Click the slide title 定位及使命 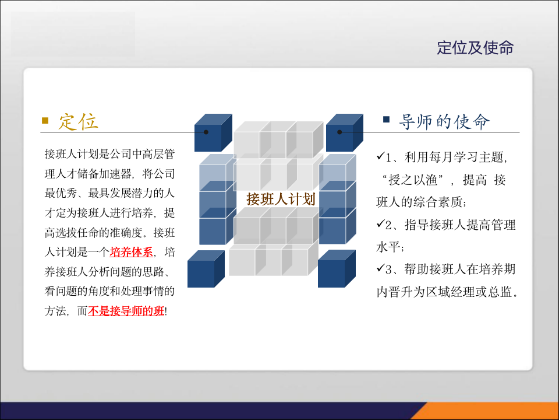point(475,48)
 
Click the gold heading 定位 point(78,121)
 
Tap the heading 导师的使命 point(444,121)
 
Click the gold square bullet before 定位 point(45,121)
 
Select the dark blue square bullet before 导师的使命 point(386,120)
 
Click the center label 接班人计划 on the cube point(280,199)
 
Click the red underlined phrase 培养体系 point(131,253)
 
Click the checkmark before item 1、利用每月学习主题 point(381,156)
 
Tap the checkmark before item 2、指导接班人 point(381,224)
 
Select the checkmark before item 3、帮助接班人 point(381,269)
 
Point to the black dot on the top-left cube point(206,132)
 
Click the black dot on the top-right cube point(341,132)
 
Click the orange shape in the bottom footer point(477,411)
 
